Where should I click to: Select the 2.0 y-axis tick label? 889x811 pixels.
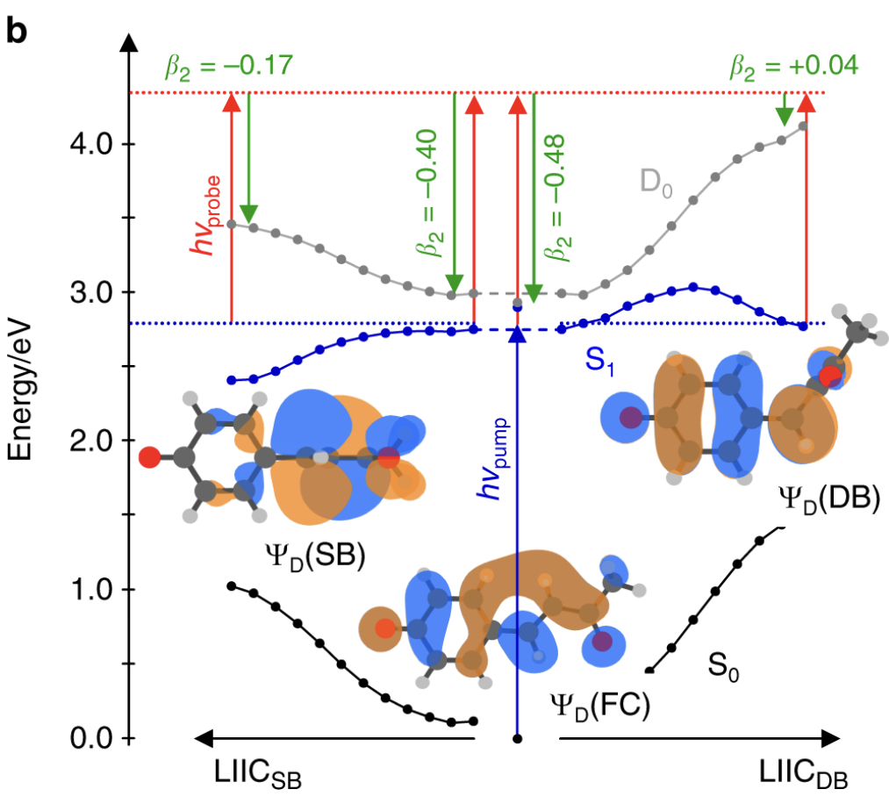tap(90, 440)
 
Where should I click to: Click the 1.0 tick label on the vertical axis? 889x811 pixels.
tap(90, 589)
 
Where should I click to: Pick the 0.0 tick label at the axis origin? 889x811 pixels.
tap(90, 737)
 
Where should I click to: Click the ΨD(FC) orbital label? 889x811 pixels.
tap(598, 705)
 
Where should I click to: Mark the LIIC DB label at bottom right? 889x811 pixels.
tap(804, 774)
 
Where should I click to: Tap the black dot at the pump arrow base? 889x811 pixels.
tap(518, 738)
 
